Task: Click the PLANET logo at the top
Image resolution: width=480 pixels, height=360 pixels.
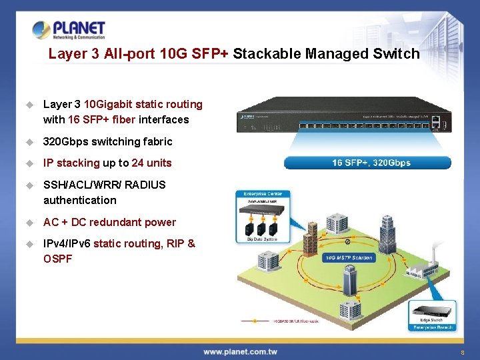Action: coord(69,30)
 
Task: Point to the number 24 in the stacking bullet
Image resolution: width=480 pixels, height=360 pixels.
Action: coord(138,163)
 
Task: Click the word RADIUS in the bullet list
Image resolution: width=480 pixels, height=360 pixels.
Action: coord(145,185)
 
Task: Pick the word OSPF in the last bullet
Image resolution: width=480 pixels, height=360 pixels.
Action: coord(57,259)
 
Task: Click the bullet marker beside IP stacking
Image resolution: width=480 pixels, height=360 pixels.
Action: coord(29,163)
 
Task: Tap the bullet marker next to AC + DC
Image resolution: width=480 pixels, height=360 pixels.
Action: coord(29,223)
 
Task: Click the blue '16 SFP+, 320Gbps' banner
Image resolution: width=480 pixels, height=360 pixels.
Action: coord(367,163)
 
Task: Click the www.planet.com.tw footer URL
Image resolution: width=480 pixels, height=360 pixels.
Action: coord(240,352)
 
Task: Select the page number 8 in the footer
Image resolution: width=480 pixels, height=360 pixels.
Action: coord(461,352)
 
